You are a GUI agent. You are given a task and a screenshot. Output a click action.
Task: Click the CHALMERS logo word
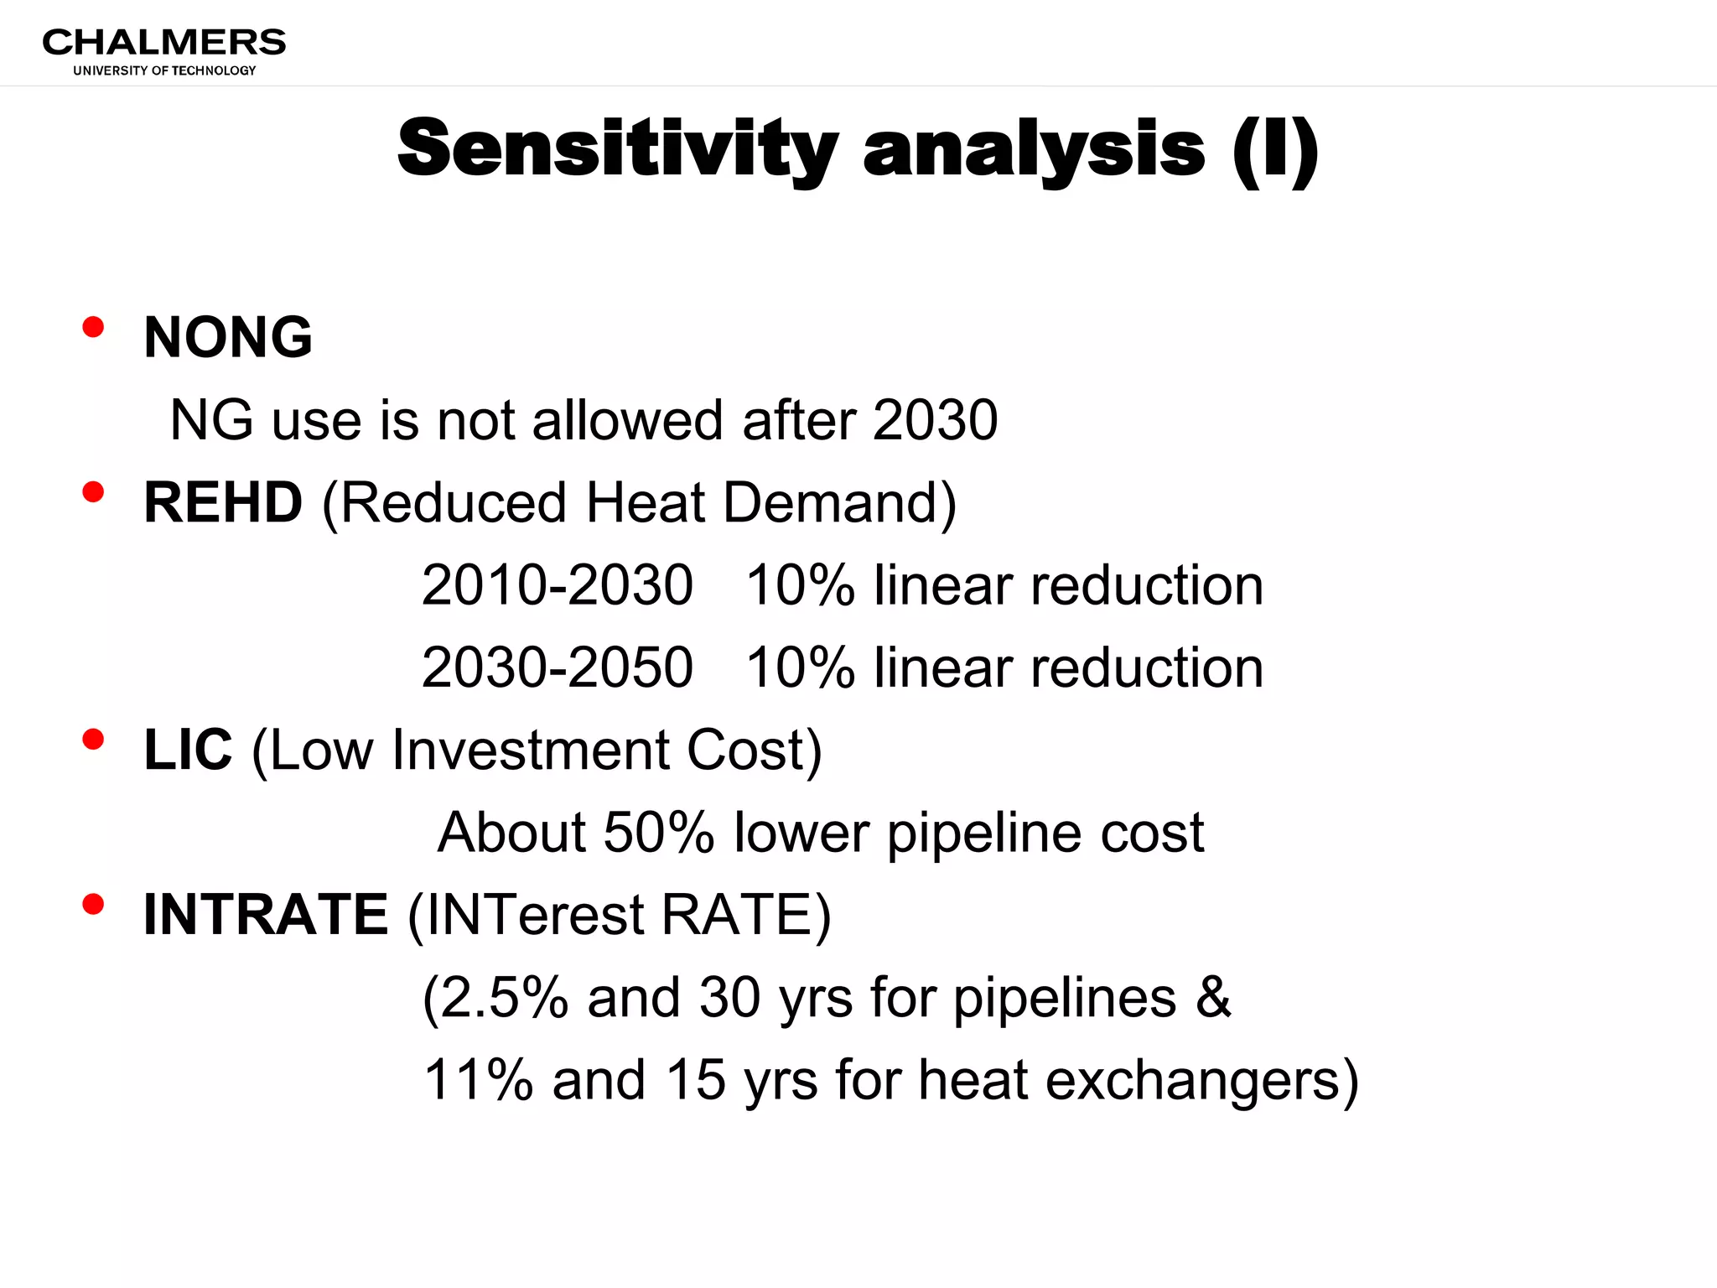163,43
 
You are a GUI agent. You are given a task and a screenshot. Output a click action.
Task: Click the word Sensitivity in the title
617,149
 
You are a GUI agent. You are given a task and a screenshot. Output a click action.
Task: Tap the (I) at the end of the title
1275,149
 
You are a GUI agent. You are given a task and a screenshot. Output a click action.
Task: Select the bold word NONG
228,337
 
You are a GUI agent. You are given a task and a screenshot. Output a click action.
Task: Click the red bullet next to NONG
93,327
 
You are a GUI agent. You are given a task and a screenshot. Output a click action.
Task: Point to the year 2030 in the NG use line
935,419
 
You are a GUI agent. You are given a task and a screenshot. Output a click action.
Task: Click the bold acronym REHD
223,502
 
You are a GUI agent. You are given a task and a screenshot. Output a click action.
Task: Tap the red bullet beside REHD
93,492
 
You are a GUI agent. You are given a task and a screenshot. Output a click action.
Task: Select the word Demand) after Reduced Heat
839,503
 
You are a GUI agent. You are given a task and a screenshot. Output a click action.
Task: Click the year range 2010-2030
557,584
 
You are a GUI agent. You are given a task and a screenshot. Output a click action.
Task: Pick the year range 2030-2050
557,667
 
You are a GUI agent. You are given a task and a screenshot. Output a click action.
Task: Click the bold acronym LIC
188,750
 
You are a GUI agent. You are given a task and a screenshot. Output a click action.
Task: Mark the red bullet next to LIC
93,740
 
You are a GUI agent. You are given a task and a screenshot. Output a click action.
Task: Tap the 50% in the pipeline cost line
658,832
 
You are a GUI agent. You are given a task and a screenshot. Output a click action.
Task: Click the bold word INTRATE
266,914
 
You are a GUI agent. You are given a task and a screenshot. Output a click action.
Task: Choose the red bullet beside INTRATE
93,904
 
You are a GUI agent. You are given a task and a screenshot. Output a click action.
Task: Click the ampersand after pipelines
1213,997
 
